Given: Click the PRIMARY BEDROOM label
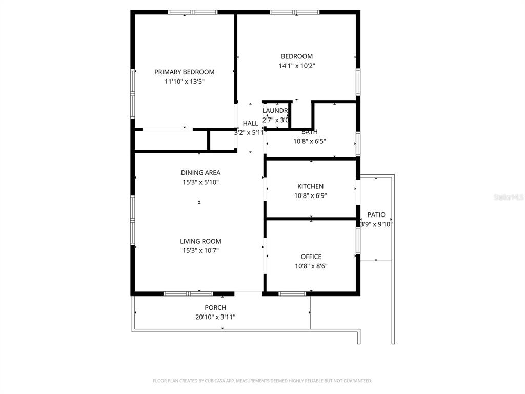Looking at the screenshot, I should (x=184, y=72).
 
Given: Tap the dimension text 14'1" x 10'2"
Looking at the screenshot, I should (x=296, y=66).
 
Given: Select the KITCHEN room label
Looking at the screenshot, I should (x=310, y=186).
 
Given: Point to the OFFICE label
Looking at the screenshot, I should (x=311, y=257).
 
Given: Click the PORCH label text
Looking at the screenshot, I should (x=215, y=308).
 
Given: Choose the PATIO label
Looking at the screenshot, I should (x=376, y=215).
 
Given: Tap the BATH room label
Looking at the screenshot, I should (x=309, y=132).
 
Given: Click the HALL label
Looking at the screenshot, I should (x=250, y=123).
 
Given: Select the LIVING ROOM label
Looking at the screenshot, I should (x=200, y=241).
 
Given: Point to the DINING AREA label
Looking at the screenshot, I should (x=200, y=173).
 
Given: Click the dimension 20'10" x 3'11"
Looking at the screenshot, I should (x=215, y=317).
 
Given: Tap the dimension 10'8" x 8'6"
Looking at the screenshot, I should (x=311, y=266).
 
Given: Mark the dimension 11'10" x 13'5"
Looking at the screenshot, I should (x=184, y=81).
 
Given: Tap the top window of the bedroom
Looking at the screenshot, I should (x=294, y=12).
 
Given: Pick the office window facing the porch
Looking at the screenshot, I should (x=292, y=294).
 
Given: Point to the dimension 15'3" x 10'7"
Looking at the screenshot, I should (x=200, y=250).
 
